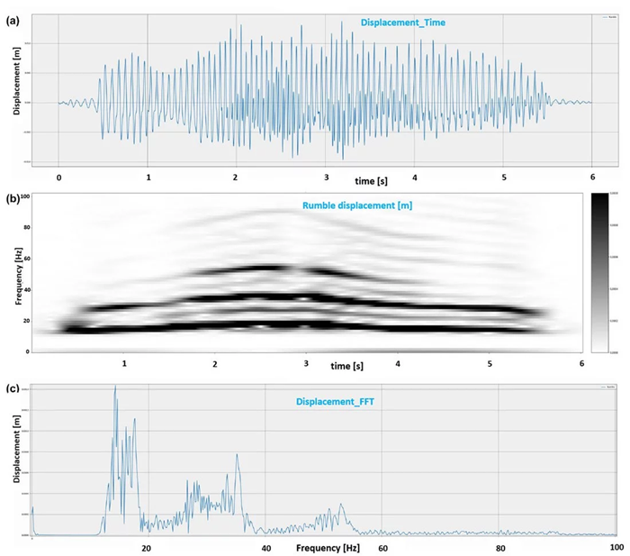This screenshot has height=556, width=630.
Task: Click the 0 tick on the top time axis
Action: coord(58,177)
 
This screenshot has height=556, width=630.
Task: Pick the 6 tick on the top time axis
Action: coord(592,177)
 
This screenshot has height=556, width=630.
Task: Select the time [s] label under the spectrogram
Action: coord(347,367)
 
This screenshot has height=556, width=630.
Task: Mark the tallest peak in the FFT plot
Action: coord(115,387)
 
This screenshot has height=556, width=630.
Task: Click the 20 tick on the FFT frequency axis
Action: coord(146,547)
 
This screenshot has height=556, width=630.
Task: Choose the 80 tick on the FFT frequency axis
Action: coord(499,547)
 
